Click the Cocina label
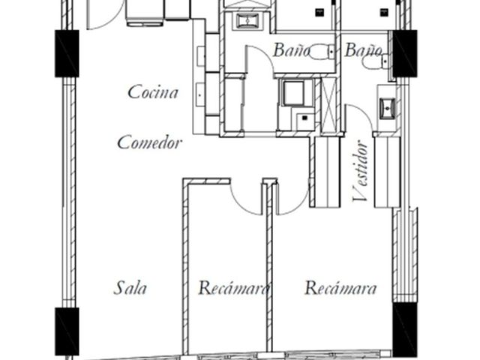(153, 92)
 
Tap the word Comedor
(150, 142)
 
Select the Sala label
(130, 288)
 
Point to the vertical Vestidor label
(360, 171)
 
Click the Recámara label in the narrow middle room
(234, 288)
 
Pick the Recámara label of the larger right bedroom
(340, 288)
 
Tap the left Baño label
(291, 50)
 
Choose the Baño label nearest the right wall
(363, 50)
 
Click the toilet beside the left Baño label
(322, 52)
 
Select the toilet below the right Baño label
(375, 63)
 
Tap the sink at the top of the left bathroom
(247, 21)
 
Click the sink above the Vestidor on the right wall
(387, 108)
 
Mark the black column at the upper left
(67, 53)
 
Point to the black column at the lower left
(67, 331)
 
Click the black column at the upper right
(405, 53)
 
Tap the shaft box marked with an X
(329, 105)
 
